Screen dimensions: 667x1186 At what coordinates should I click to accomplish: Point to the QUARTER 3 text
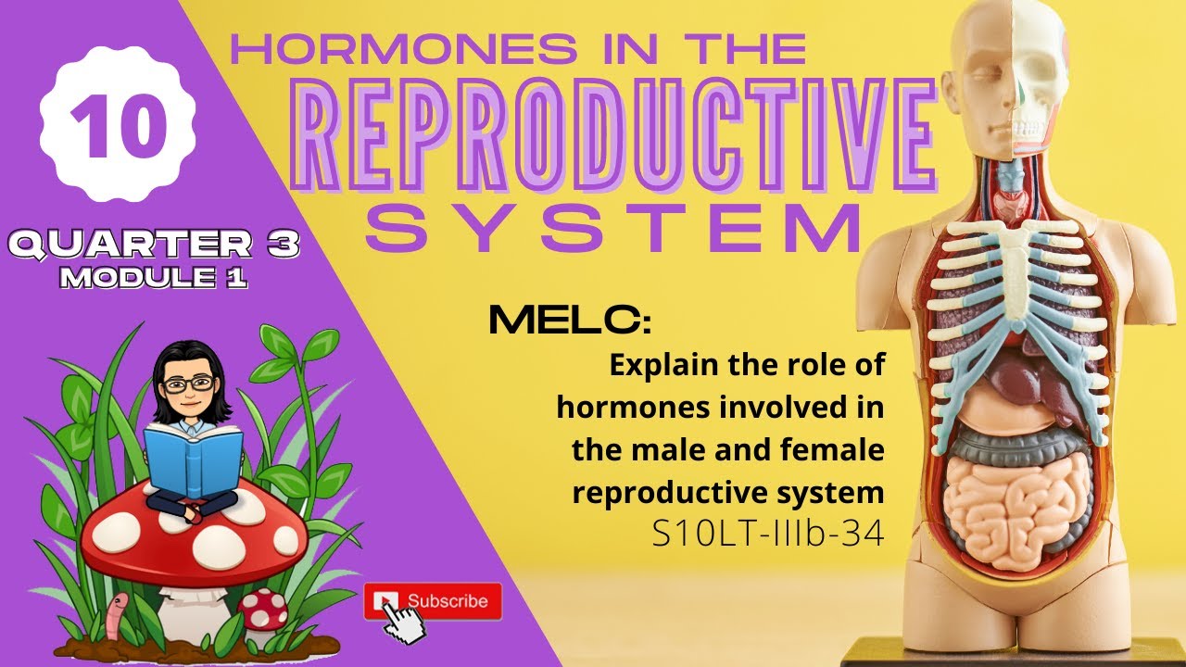click(152, 246)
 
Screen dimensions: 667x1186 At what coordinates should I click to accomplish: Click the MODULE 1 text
click(154, 278)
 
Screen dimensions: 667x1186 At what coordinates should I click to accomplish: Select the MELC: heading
click(569, 321)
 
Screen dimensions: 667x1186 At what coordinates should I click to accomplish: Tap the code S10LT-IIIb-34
click(768, 535)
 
